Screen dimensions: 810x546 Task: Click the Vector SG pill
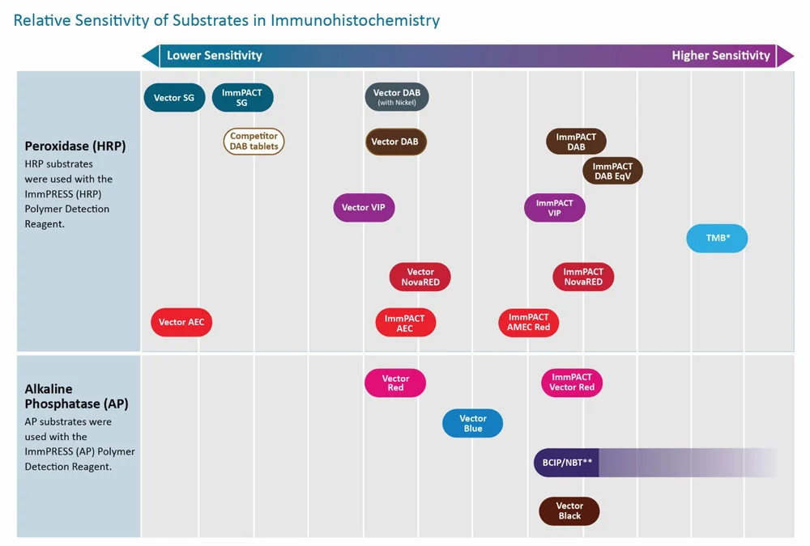(x=174, y=98)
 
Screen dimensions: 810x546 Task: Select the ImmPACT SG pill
(x=242, y=98)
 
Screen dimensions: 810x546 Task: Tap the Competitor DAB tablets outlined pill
(x=254, y=142)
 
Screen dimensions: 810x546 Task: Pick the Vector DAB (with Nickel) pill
(x=397, y=97)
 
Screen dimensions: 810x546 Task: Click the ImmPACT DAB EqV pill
(x=612, y=171)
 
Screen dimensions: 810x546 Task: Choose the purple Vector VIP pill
(x=364, y=207)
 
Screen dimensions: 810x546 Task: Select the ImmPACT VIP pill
(x=554, y=207)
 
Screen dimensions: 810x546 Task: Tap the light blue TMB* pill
(x=717, y=239)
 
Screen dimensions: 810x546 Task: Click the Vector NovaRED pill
(x=420, y=277)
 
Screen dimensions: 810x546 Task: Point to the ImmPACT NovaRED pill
(x=583, y=277)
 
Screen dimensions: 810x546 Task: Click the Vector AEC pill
(x=181, y=323)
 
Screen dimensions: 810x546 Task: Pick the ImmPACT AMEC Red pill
(x=528, y=323)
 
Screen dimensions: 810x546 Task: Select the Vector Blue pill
(x=473, y=423)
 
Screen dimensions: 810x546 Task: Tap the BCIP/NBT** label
(x=567, y=463)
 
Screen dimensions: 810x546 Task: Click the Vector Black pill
(x=569, y=511)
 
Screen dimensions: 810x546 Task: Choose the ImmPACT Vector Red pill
(x=572, y=383)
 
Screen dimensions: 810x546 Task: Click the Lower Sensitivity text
(x=215, y=56)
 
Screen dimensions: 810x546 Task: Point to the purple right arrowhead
(x=785, y=56)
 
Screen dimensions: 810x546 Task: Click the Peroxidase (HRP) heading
(x=75, y=146)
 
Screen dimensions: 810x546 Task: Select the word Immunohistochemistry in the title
(x=355, y=21)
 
